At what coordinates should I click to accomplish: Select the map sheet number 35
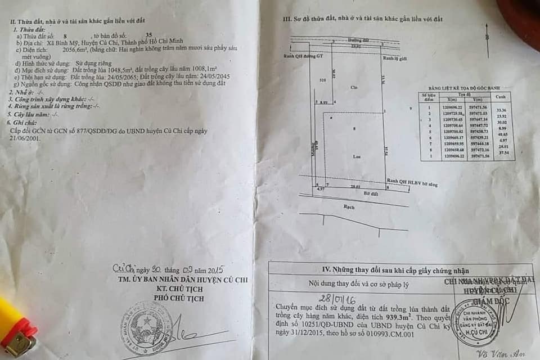click(148, 35)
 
